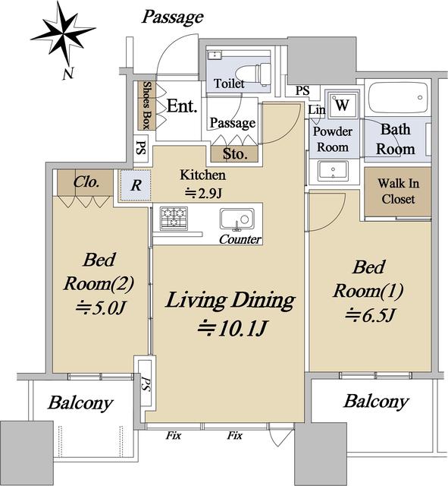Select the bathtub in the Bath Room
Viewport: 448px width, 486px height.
click(x=398, y=98)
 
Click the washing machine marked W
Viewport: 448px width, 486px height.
click(x=342, y=105)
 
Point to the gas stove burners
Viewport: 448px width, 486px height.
click(x=174, y=218)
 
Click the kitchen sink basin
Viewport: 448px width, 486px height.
click(x=237, y=219)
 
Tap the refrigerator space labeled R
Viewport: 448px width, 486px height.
click(x=136, y=185)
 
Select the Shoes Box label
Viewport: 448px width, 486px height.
click(x=146, y=106)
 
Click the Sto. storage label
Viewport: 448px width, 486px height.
click(x=235, y=154)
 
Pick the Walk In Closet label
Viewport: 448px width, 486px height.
click(x=398, y=191)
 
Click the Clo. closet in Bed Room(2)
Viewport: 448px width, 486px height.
click(x=86, y=182)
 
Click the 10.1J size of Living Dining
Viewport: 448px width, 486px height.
click(x=232, y=329)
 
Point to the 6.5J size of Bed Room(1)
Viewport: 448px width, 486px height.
click(x=370, y=316)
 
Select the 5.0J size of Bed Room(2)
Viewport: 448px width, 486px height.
click(x=100, y=308)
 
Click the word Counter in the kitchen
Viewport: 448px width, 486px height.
click(x=240, y=239)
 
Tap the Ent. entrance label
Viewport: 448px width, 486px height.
click(x=182, y=106)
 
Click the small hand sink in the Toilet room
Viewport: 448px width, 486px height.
click(x=214, y=55)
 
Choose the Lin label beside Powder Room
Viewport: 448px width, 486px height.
click(x=317, y=109)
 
